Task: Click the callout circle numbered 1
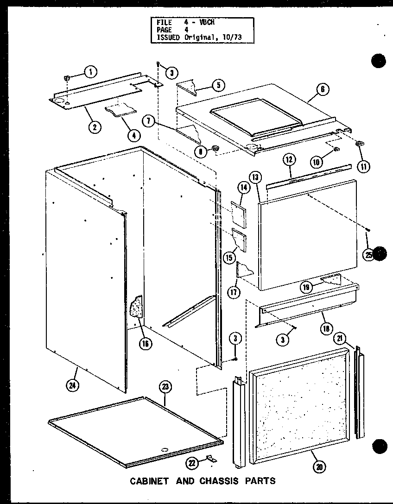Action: pos(90,71)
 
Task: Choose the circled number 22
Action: pos(191,462)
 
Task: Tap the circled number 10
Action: pos(316,162)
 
